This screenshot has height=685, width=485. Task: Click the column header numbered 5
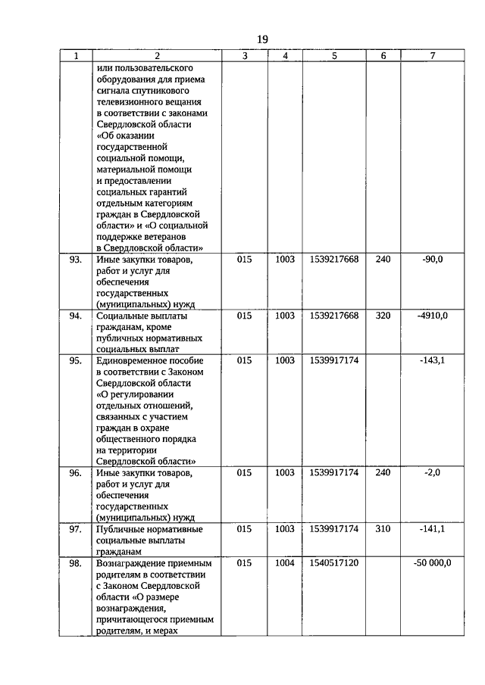[333, 55]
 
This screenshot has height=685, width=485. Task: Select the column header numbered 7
[432, 55]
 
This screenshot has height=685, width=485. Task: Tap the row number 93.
[75, 260]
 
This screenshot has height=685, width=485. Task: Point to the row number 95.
[75, 361]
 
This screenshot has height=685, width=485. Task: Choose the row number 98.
[75, 563]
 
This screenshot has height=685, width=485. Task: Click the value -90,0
[432, 260]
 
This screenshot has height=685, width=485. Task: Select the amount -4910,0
[432, 316]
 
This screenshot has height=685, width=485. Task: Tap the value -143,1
[432, 361]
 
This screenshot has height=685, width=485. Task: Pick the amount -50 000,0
[432, 563]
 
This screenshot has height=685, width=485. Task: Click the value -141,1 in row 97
[432, 529]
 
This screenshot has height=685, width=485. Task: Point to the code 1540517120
[333, 563]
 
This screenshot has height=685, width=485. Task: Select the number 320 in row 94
[383, 316]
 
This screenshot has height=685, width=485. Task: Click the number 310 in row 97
[383, 529]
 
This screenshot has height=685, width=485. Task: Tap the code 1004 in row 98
[285, 563]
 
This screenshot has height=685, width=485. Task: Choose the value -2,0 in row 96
[432, 473]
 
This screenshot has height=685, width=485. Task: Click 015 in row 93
[244, 260]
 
